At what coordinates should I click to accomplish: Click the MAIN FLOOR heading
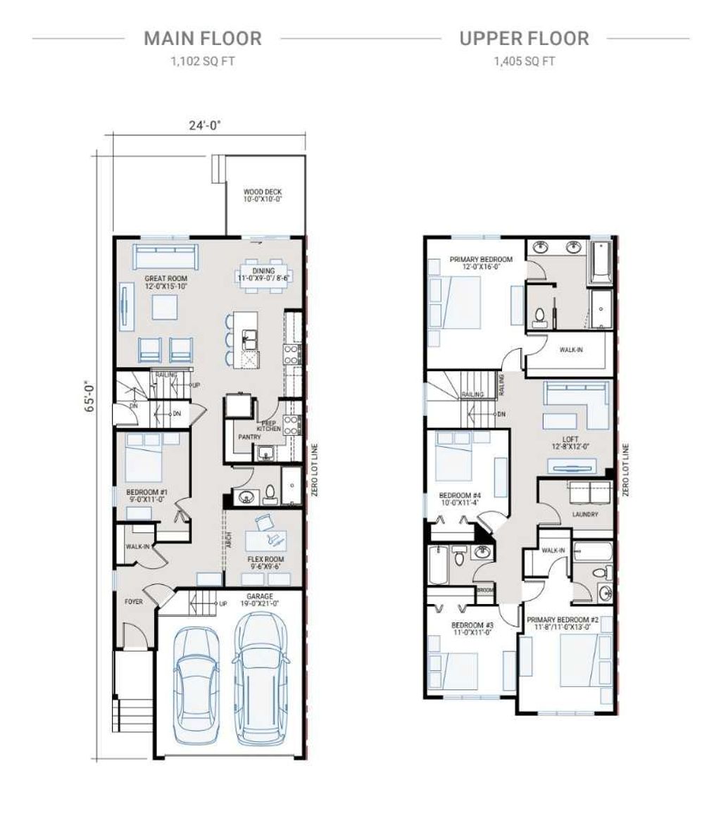pyautogui.click(x=202, y=39)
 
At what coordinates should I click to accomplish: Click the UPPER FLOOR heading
pyautogui.click(x=524, y=39)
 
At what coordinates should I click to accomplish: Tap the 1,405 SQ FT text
pyautogui.click(x=524, y=61)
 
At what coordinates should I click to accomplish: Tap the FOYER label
pyautogui.click(x=134, y=602)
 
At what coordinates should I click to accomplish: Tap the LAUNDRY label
pyautogui.click(x=585, y=515)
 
